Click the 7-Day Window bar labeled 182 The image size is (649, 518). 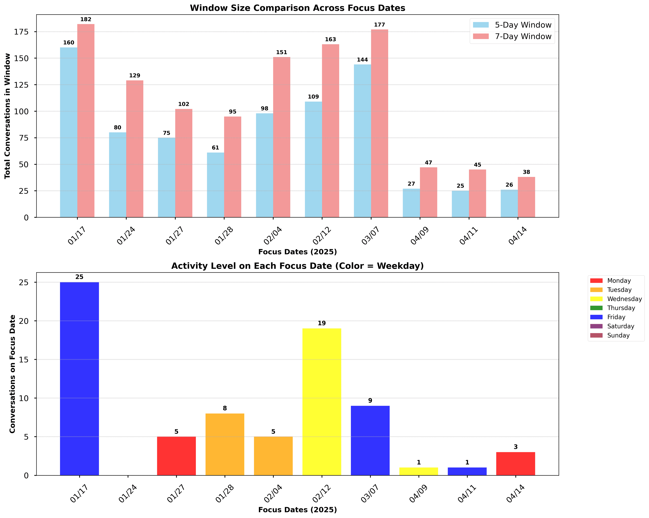click(86, 120)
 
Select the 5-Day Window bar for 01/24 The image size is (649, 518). click(117, 175)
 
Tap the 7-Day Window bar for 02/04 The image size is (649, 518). click(282, 137)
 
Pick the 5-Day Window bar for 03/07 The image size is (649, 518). click(362, 141)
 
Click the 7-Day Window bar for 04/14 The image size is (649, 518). click(526, 197)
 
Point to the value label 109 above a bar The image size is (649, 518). click(313, 97)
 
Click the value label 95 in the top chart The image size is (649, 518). click(233, 112)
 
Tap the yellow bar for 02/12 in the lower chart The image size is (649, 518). click(322, 402)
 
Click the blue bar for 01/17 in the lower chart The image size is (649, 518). click(79, 378)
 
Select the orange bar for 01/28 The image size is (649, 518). click(225, 444)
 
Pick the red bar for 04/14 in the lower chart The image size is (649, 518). click(516, 464)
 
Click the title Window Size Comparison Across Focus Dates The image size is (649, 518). click(297, 8)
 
